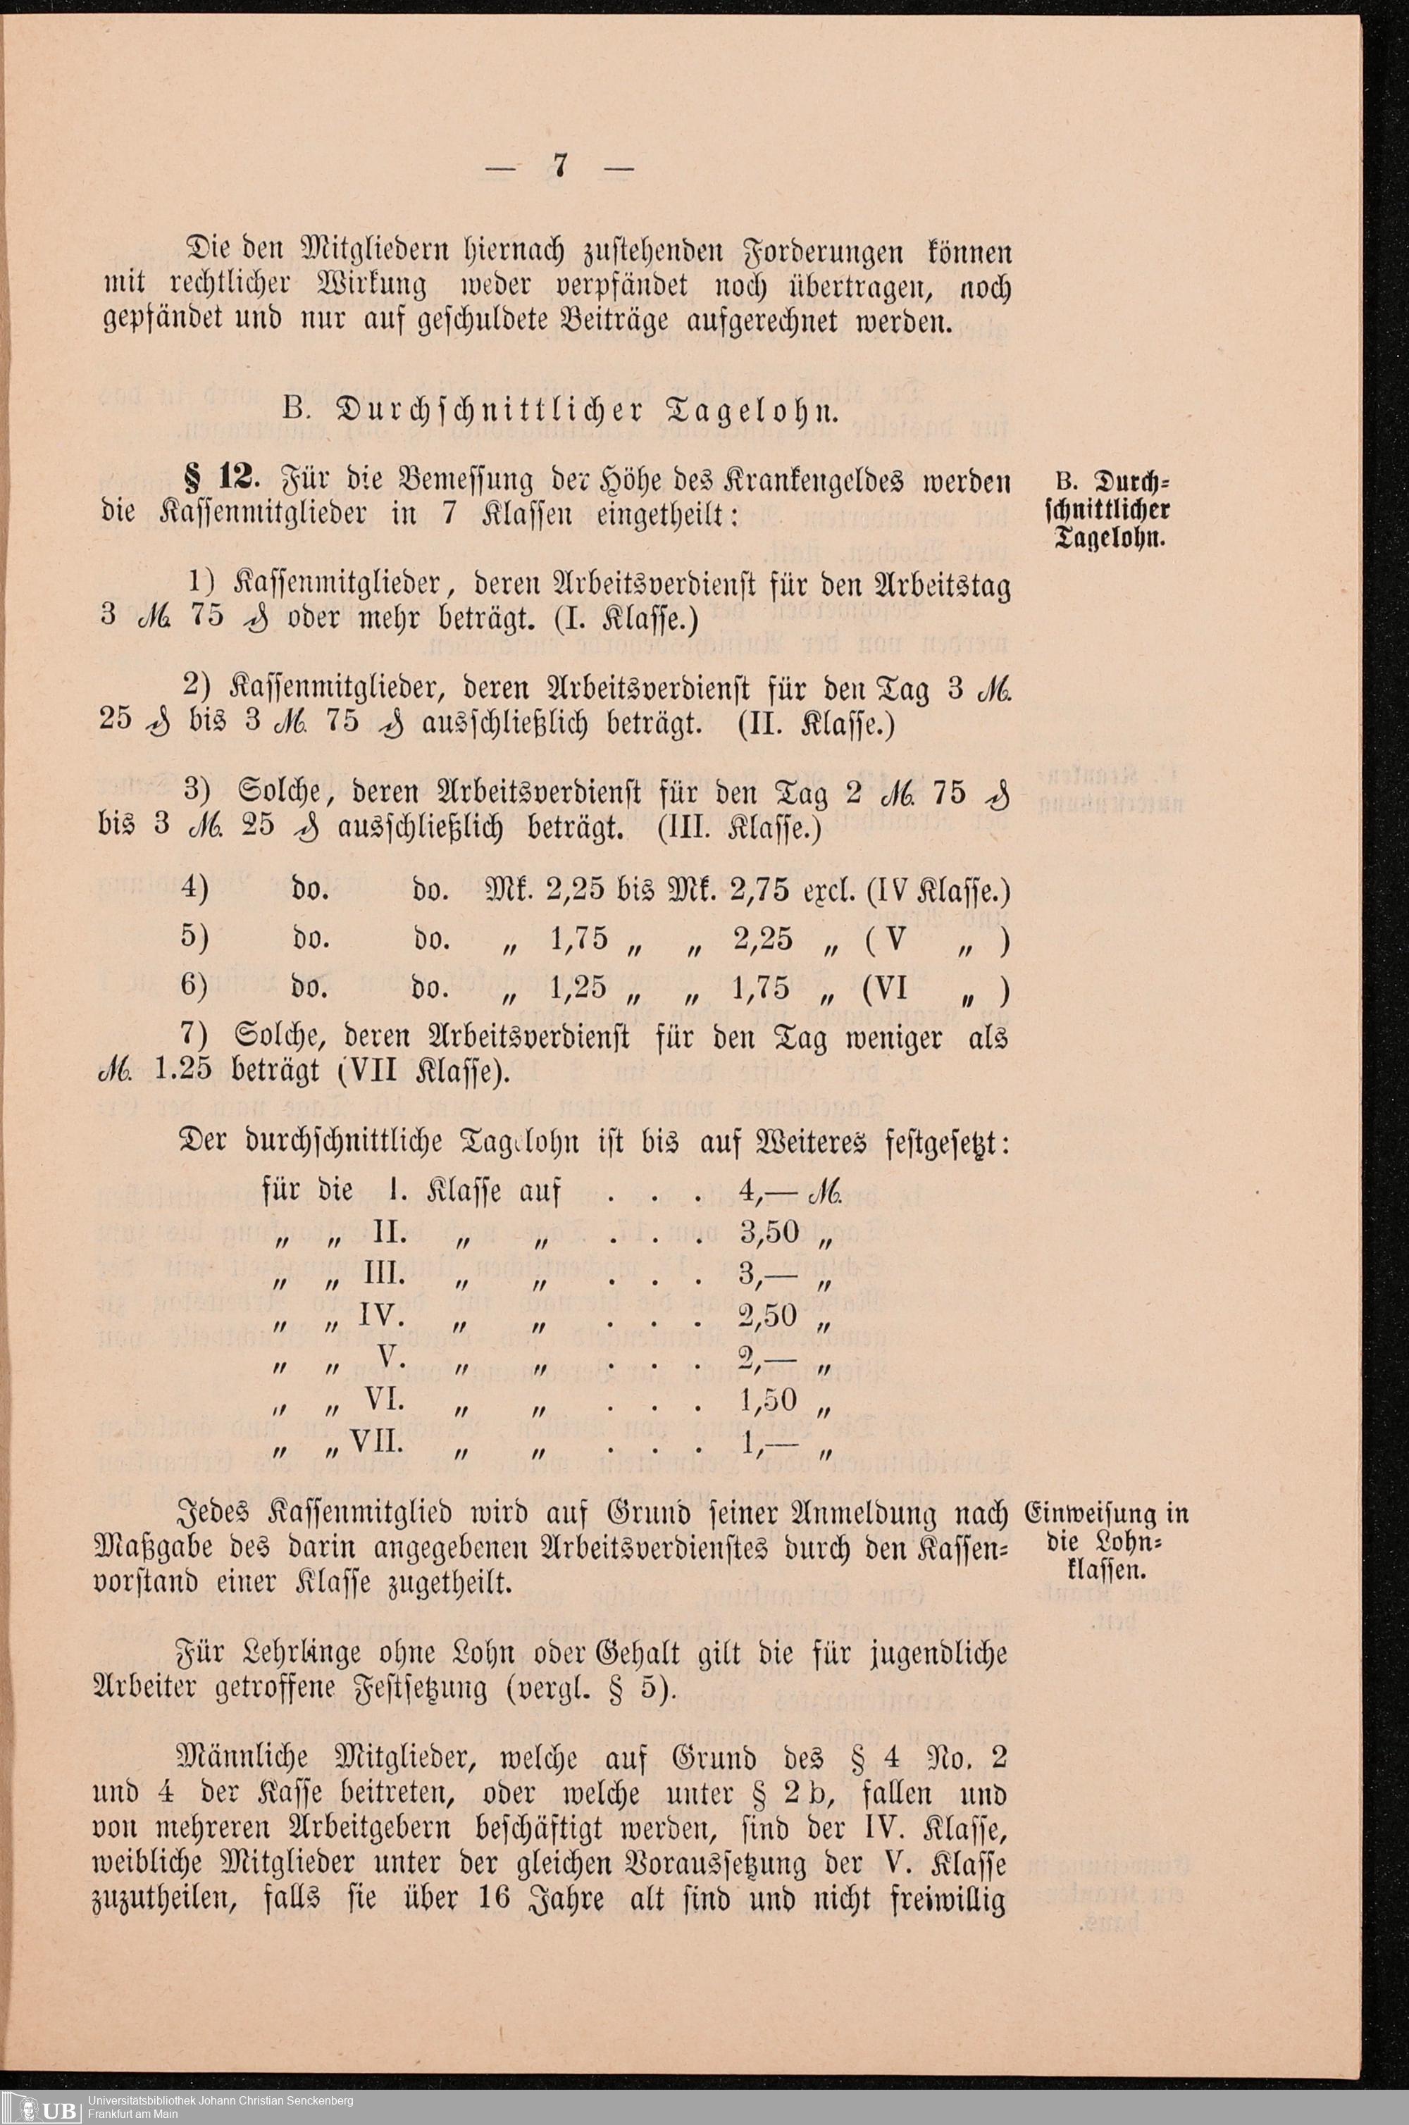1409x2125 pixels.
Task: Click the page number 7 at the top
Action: (558, 168)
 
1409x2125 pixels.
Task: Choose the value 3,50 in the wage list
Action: (770, 1233)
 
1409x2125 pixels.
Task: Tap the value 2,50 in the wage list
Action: (769, 1316)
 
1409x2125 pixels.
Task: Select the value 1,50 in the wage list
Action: (770, 1400)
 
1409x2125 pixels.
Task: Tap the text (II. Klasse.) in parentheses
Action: (815, 724)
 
